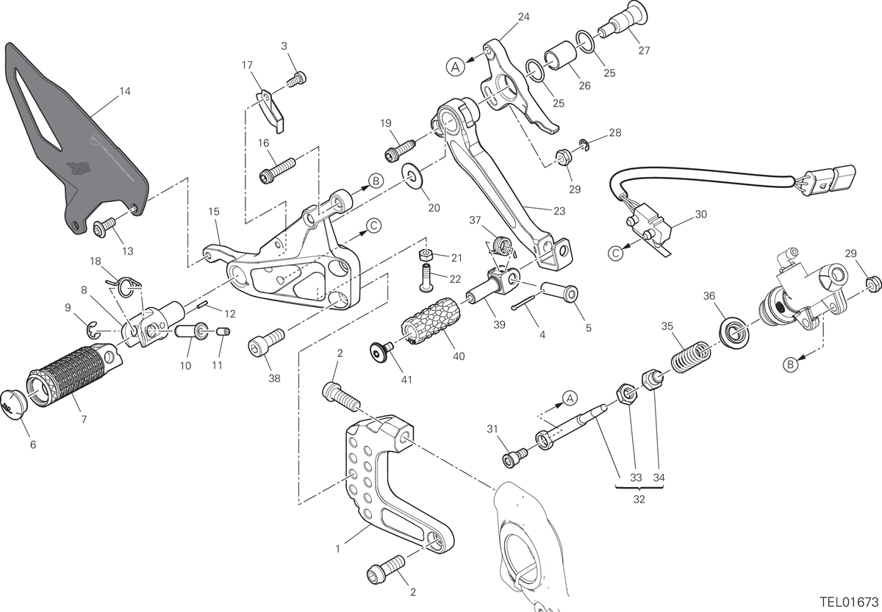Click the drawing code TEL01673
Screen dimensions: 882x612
[849, 602]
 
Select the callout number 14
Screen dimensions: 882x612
[125, 91]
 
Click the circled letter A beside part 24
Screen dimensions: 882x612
[456, 67]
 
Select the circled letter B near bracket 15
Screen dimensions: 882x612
[376, 181]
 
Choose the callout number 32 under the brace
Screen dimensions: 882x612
[639, 499]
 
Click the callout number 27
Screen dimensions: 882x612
[644, 51]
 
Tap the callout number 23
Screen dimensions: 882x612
[559, 211]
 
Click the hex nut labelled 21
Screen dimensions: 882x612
[426, 256]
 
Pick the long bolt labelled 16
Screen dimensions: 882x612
[277, 170]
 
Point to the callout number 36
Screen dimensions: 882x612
[709, 296]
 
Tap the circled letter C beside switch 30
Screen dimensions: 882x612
[615, 253]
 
